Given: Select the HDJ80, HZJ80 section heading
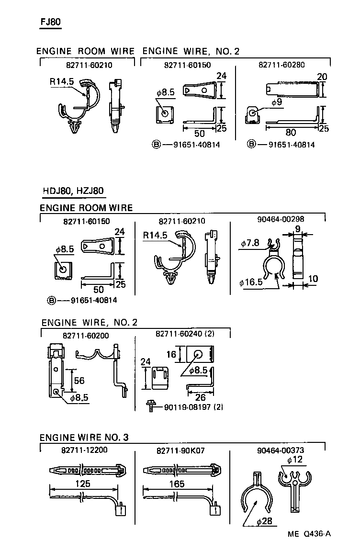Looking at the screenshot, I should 73,191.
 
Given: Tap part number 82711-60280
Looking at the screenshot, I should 281,65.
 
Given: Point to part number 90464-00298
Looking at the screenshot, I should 281,220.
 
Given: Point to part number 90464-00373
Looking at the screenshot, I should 281,450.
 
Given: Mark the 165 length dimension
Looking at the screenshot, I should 177,484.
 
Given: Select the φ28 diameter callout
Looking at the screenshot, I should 261,521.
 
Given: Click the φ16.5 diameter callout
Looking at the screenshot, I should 251,282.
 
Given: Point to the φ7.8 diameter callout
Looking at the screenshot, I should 250,244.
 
